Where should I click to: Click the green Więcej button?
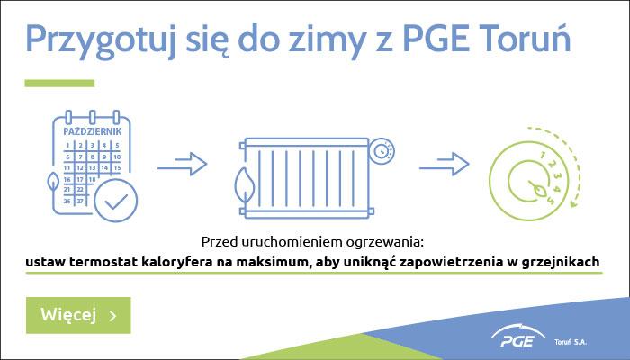pos(78,315)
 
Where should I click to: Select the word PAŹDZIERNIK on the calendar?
pos(93,131)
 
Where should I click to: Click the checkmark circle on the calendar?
pos(116,201)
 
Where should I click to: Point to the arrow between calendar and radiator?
pos(182,164)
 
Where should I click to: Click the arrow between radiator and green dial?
pos(445,164)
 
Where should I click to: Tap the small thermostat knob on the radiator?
pos(382,151)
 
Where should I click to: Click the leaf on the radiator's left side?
pos(245,185)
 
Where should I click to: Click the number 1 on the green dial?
pos(544,155)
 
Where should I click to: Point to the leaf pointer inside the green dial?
pos(537,188)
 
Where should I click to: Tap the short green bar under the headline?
pos(59,83)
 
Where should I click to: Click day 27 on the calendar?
pos(80,201)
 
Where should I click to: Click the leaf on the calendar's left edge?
pos(52,183)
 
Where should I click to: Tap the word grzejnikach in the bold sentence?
pos(561,263)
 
